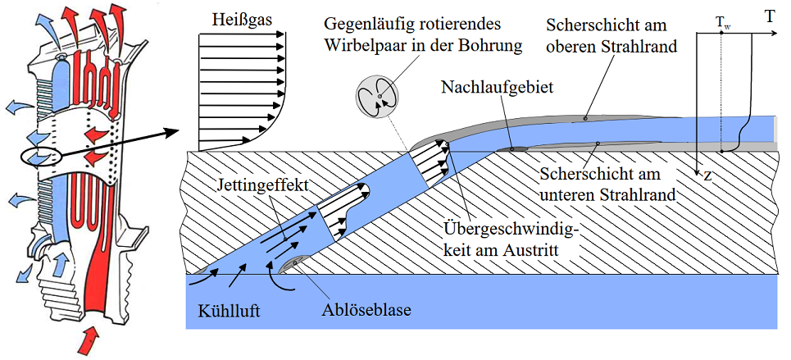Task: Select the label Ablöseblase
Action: pyautogui.click(x=366, y=309)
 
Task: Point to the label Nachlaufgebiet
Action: pyautogui.click(x=497, y=88)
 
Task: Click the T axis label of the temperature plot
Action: pyautogui.click(x=770, y=17)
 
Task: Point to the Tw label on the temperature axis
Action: pyautogui.click(x=722, y=23)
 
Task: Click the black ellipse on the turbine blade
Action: pyautogui.click(x=41, y=157)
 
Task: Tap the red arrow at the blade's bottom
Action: pyautogui.click(x=92, y=338)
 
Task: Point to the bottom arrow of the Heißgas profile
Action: pyautogui.click(x=225, y=139)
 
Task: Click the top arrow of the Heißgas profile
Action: pyautogui.click(x=241, y=34)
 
